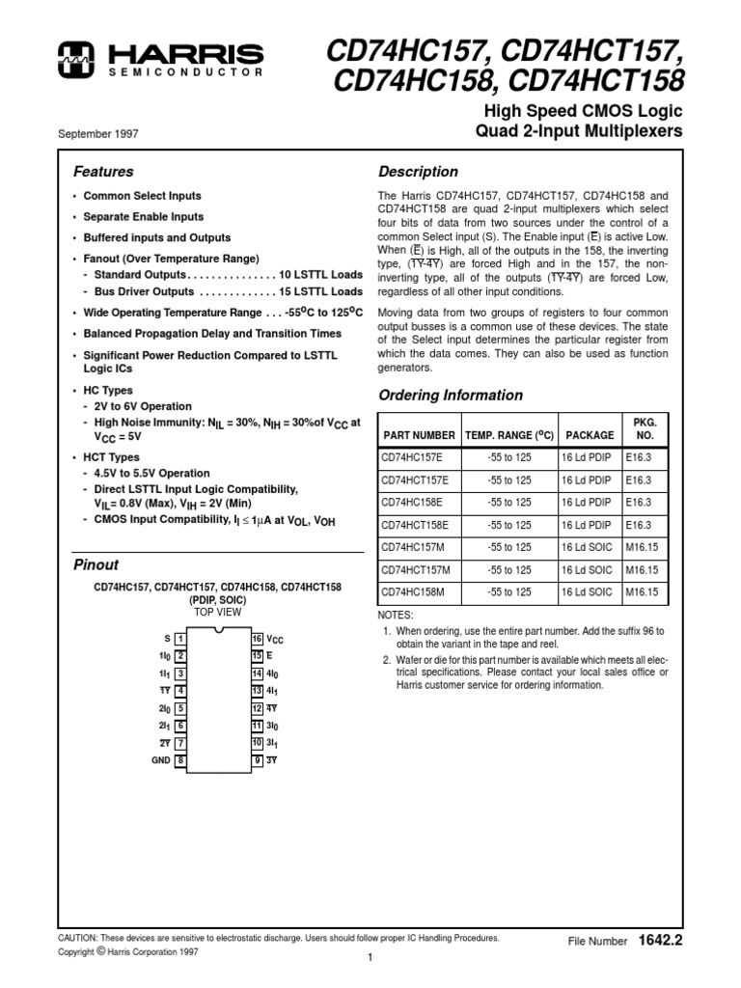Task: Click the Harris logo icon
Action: click(72, 57)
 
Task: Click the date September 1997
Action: click(98, 134)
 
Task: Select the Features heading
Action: click(103, 172)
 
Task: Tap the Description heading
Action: click(417, 172)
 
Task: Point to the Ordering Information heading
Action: click(450, 395)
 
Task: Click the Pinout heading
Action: click(96, 564)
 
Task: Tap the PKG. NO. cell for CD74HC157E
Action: click(639, 457)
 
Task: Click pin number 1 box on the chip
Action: click(180, 639)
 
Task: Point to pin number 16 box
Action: click(258, 639)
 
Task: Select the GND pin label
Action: click(159, 760)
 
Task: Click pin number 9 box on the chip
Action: click(258, 760)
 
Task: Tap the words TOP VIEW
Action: click(218, 613)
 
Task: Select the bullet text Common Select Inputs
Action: click(142, 196)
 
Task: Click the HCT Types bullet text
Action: click(112, 457)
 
